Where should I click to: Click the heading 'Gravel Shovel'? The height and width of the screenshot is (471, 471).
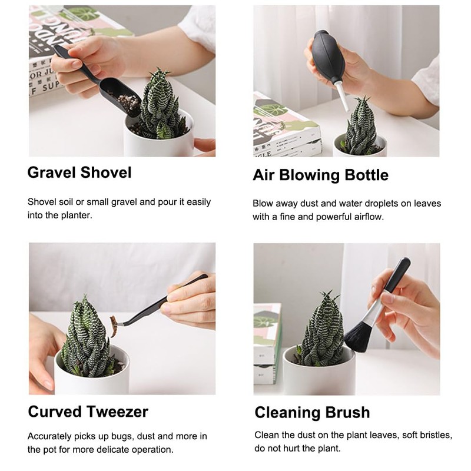click(x=79, y=173)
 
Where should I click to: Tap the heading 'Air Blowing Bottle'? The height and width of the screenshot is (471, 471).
click(x=320, y=175)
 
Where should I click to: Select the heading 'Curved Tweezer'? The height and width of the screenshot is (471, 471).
click(x=88, y=411)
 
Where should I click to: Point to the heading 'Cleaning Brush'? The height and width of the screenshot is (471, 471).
click(x=312, y=412)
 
